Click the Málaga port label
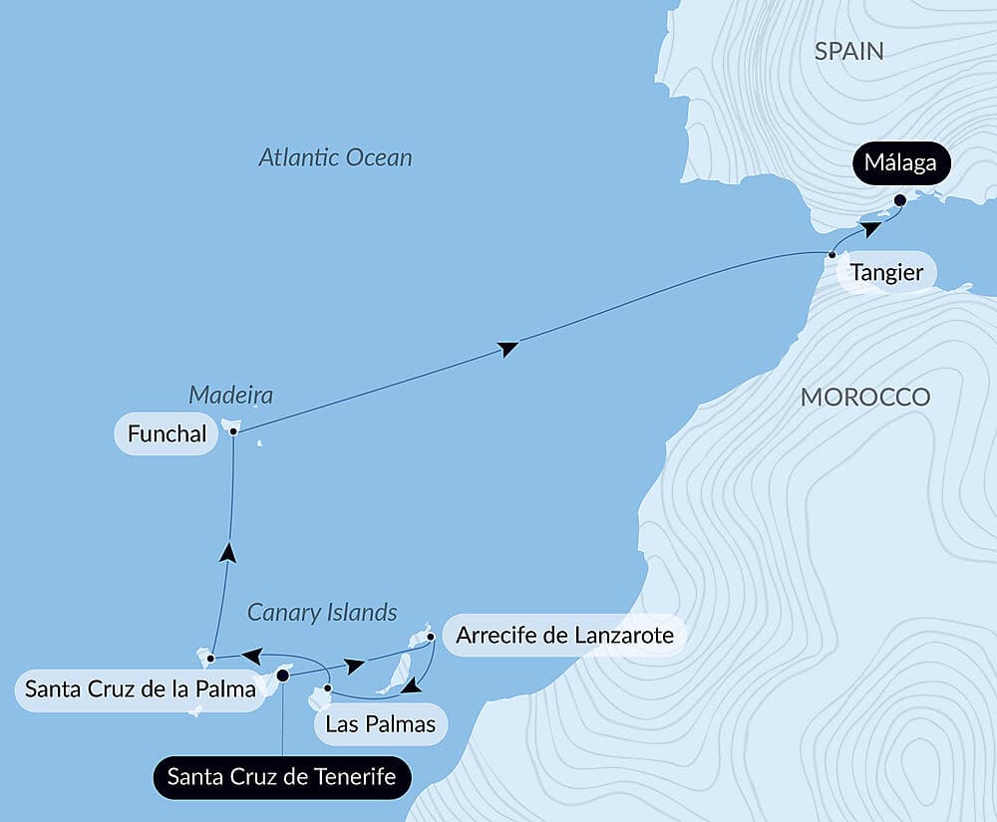click(x=900, y=163)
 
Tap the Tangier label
click(x=886, y=272)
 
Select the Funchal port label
click(x=166, y=433)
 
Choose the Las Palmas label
click(x=381, y=723)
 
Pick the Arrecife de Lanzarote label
click(x=564, y=635)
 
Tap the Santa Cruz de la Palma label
click(x=140, y=687)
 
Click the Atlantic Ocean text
click(x=335, y=157)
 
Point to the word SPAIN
click(x=848, y=52)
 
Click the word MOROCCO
click(x=864, y=397)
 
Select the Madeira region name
click(x=230, y=396)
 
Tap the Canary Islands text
click(x=322, y=612)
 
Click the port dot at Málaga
click(x=899, y=200)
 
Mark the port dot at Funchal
click(x=233, y=431)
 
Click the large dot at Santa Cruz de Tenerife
click(x=282, y=676)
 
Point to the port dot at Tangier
click(x=831, y=255)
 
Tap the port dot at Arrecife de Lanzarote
click(x=430, y=636)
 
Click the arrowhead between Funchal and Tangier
click(x=508, y=348)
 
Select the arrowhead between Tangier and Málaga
click(x=870, y=229)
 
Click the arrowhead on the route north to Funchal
click(x=227, y=551)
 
